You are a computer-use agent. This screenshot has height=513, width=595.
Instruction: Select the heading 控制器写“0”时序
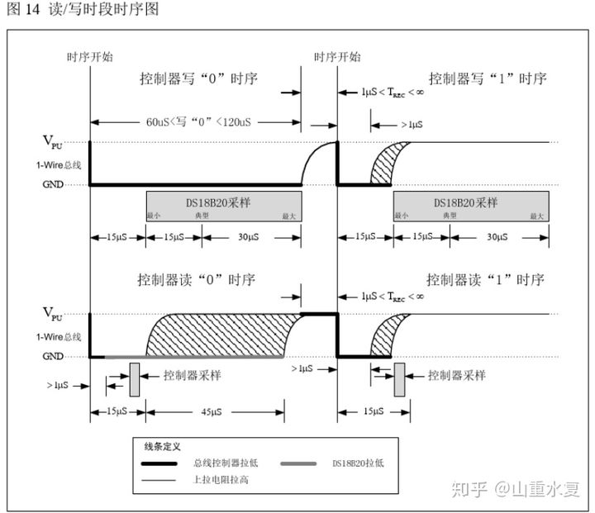tap(198, 80)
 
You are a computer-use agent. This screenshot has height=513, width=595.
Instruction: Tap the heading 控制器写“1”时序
tap(488, 80)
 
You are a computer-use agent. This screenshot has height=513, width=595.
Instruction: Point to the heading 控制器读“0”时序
tap(198, 280)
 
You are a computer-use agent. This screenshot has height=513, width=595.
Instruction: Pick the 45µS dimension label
tap(215, 411)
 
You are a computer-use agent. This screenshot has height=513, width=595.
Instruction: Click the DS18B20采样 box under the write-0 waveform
tap(223, 204)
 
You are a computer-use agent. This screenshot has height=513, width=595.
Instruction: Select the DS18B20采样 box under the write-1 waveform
tap(470, 204)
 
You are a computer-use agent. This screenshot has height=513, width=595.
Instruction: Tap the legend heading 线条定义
tap(163, 446)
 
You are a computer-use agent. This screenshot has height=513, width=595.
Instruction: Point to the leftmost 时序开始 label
tap(90, 57)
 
